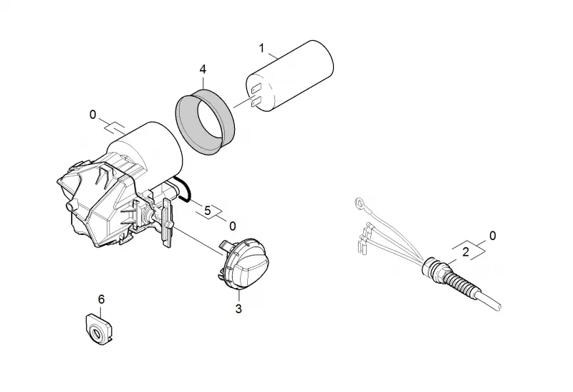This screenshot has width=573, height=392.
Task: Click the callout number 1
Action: click(261, 48)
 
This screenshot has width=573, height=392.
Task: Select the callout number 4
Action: click(203, 69)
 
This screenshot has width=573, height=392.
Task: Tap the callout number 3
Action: click(239, 309)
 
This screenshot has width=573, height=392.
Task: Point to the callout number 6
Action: click(101, 300)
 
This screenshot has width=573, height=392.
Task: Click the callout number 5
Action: click(208, 211)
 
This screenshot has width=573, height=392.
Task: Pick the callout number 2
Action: click(466, 252)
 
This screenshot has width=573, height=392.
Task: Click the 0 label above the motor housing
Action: click(93, 115)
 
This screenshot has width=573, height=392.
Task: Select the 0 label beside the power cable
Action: click(493, 236)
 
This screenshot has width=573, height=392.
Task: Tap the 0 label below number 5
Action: click(232, 226)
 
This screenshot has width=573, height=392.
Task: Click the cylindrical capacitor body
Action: click(290, 76)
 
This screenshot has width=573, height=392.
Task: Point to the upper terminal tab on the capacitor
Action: click(256, 88)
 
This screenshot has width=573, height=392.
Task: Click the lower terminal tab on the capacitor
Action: click(256, 102)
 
